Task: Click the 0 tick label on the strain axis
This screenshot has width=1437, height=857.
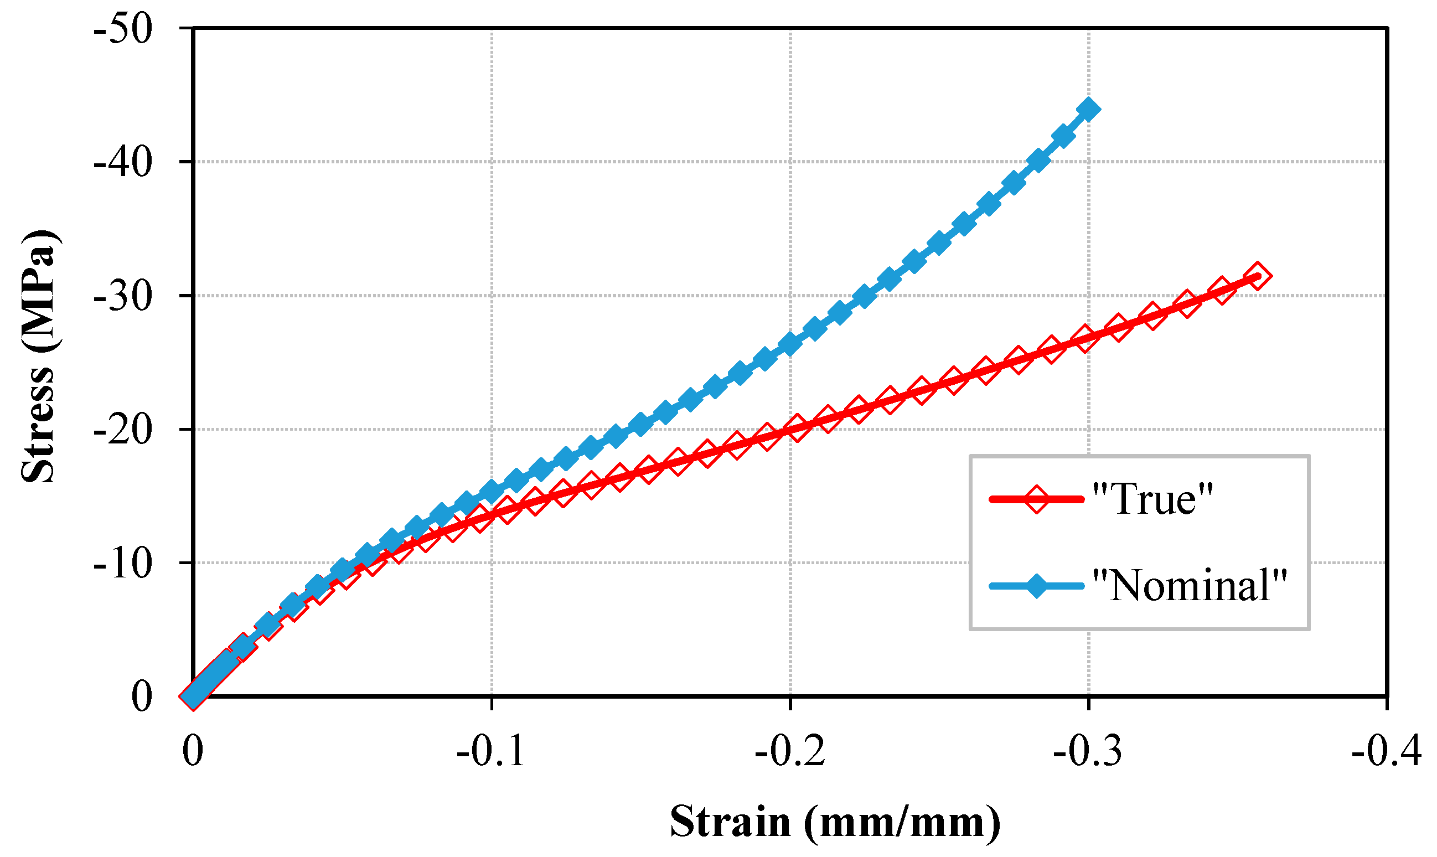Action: click(x=193, y=751)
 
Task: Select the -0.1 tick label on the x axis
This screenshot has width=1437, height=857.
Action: click(x=491, y=751)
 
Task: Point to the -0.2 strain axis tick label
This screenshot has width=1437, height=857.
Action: click(x=790, y=751)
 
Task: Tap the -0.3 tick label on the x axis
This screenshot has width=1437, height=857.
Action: click(x=1088, y=751)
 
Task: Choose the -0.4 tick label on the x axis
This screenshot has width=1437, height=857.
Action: click(x=1386, y=751)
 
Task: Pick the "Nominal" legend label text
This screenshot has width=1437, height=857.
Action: click(x=1190, y=586)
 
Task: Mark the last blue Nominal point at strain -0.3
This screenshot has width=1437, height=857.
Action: click(x=1088, y=109)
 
